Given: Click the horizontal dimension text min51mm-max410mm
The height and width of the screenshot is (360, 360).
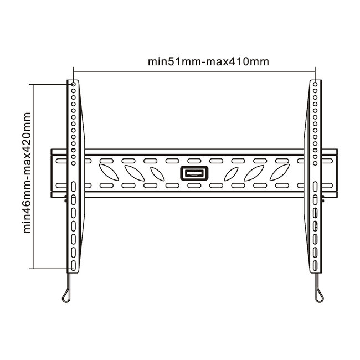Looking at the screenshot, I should click(x=208, y=61).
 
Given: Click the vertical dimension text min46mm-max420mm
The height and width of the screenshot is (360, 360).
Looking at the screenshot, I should click(x=26, y=174).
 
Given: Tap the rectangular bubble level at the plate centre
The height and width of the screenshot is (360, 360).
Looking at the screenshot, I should click(x=194, y=173).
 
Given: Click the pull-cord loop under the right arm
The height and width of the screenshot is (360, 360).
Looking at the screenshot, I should click(x=320, y=294).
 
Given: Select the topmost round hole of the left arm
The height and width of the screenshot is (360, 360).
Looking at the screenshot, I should click(x=72, y=85).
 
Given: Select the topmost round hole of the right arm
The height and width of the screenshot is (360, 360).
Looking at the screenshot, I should click(x=315, y=85).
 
